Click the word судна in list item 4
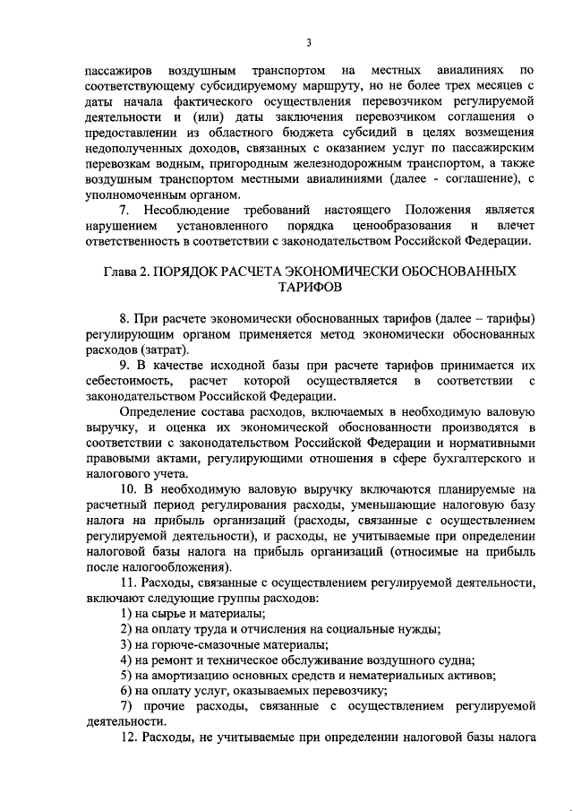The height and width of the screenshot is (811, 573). coord(453,659)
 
